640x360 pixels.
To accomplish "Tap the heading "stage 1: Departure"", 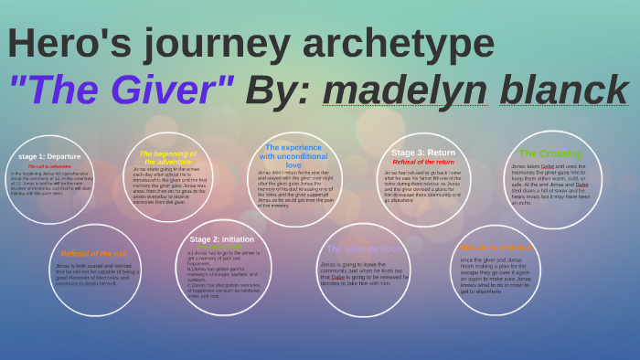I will pyautogui.click(x=49, y=156).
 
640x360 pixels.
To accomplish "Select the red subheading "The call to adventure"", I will pyautogui.click(x=49, y=166).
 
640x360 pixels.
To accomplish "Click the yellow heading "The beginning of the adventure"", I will pyautogui.click(x=167, y=157).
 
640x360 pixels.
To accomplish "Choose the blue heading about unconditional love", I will pyautogui.click(x=293, y=155).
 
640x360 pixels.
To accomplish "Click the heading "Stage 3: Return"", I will pyautogui.click(x=423, y=153).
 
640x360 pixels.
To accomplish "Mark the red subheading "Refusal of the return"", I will pyautogui.click(x=423, y=162).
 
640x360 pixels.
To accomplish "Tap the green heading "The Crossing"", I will pyautogui.click(x=550, y=153).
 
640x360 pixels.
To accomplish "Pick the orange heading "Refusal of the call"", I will pyautogui.click(x=95, y=253).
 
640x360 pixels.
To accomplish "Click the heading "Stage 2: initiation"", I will pyautogui.click(x=222, y=238).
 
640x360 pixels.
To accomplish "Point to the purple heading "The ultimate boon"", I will pyautogui.click(x=363, y=249).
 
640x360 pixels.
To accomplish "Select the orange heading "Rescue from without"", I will pyautogui.click(x=496, y=247).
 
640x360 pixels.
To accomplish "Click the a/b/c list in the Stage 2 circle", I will pyautogui.click(x=222, y=274).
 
